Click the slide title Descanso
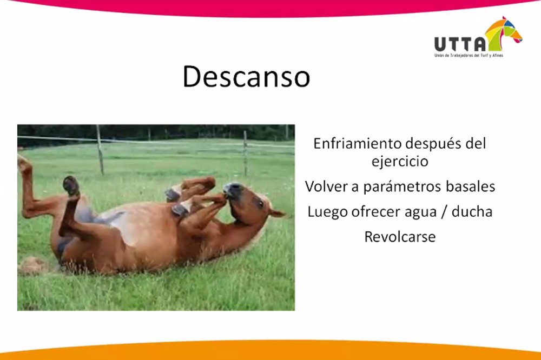[x=246, y=77]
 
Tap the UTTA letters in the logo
[x=460, y=44]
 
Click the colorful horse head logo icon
[x=503, y=33]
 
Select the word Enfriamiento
[x=357, y=143]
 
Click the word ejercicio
[x=400, y=162]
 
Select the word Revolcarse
[x=400, y=237]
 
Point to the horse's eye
[x=260, y=204]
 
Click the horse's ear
[x=276, y=214]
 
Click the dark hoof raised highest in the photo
[x=71, y=185]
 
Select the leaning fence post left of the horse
[x=100, y=150]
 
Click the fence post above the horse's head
[x=245, y=153]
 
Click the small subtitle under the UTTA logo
[x=469, y=56]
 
